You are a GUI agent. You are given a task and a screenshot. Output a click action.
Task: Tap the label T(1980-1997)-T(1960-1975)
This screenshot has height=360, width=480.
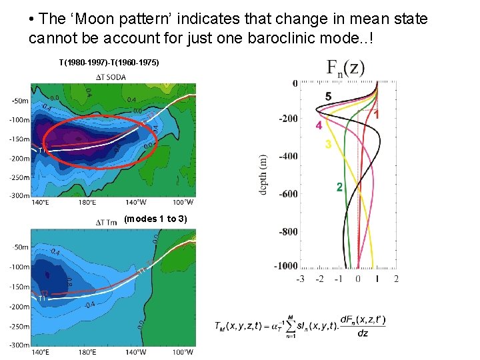tap(109, 63)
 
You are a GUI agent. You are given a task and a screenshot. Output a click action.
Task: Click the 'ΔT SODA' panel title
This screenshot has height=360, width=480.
tap(111, 77)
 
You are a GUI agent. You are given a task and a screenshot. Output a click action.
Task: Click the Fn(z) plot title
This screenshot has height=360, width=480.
tap(345, 67)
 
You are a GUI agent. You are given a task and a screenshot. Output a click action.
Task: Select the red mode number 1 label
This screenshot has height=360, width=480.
tap(377, 115)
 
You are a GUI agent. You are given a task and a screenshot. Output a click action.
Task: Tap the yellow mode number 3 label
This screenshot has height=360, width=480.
tap(328, 145)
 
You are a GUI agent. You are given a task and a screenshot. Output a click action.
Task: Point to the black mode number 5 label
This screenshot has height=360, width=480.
tap(328, 97)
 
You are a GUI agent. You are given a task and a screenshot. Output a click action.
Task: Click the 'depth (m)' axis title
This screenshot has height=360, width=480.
tap(263, 175)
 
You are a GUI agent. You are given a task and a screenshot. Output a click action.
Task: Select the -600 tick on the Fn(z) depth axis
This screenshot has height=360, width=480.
tap(287, 194)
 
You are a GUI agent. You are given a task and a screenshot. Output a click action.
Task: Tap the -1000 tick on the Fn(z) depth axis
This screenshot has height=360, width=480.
tap(286, 265)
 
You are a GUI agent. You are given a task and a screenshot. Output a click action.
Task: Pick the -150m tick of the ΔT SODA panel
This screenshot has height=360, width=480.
tap(19, 139)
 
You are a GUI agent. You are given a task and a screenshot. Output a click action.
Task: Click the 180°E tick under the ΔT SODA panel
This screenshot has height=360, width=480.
tap(87, 202)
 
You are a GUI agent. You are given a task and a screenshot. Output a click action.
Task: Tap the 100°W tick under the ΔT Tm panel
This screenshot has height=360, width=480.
tap(183, 352)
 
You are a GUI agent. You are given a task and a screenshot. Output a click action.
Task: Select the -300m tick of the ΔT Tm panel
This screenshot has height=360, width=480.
tap(19, 345)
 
